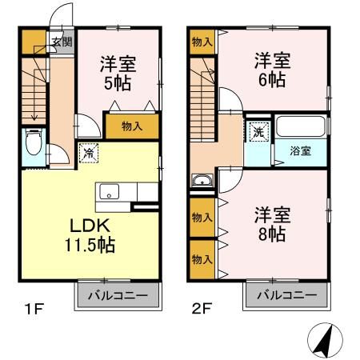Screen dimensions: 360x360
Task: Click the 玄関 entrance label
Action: pos(62,42)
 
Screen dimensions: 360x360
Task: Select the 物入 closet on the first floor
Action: pos(132,126)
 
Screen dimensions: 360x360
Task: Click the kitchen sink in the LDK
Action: pos(109,193)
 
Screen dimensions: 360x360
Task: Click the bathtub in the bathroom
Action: pos(300,127)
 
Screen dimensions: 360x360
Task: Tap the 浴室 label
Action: pos(301,151)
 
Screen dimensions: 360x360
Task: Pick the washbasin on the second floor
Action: pos(201,180)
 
